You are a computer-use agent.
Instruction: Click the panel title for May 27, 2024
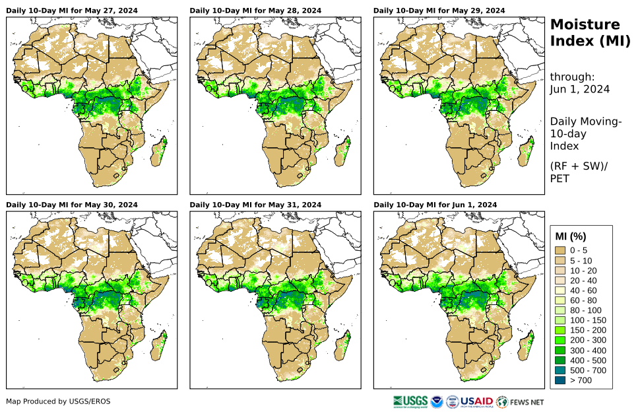(73, 11)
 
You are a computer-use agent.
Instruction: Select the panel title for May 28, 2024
(256, 11)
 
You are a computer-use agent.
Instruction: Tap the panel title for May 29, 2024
(439, 11)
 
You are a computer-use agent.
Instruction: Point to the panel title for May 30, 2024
(73, 205)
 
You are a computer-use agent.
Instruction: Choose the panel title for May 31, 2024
(256, 205)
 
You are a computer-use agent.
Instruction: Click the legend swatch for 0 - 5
(561, 250)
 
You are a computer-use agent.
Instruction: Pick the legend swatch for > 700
(561, 380)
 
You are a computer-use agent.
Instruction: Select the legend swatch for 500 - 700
(561, 370)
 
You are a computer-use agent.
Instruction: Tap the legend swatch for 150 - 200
(561, 330)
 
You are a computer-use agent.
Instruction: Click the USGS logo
(409, 401)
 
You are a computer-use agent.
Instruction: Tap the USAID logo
(476, 401)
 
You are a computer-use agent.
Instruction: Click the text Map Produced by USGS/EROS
(58, 401)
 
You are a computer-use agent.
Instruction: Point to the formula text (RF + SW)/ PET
(579, 172)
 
